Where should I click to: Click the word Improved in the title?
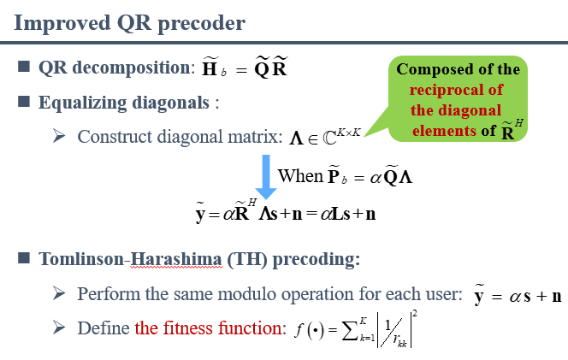[62, 24]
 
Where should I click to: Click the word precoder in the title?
[202, 24]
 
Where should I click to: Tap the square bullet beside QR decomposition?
[24, 67]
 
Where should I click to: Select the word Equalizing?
[83, 103]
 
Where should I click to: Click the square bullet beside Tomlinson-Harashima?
[24, 258]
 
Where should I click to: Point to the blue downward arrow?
[266, 177]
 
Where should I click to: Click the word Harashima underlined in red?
[175, 259]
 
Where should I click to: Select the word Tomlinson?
[81, 259]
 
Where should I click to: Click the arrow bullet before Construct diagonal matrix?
[59, 136]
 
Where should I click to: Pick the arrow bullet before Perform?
[59, 292]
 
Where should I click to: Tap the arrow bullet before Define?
[59, 328]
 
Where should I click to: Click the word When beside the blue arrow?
[300, 176]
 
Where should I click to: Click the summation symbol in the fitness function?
[350, 330]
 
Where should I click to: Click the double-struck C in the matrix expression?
[329, 139]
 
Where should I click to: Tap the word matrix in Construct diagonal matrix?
[256, 137]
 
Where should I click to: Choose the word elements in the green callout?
[444, 131]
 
